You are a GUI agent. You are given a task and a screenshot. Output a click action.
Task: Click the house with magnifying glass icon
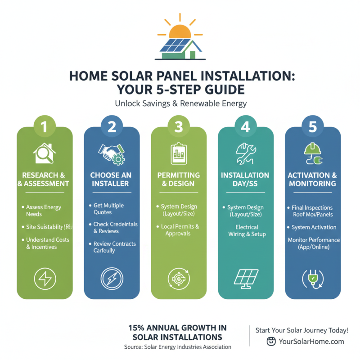(x=45, y=154)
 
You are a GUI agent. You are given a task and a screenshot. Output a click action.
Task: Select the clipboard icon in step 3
(x=179, y=154)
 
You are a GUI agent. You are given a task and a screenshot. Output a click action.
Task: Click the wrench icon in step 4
(x=246, y=154)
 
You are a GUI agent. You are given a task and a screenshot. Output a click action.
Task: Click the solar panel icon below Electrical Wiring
(x=246, y=278)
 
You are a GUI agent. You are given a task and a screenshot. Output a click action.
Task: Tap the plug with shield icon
(x=313, y=278)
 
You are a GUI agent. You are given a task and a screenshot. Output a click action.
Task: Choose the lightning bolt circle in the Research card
(x=45, y=278)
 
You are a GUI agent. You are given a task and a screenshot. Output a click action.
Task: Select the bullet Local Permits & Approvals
(x=180, y=230)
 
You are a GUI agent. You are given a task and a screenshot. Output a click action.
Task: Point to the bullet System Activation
(x=314, y=227)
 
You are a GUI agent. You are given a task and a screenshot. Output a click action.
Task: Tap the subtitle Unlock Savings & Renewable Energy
(x=180, y=103)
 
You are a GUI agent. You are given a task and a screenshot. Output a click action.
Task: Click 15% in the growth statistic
(x=138, y=328)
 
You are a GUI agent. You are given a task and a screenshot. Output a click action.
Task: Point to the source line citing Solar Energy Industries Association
(x=178, y=347)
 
